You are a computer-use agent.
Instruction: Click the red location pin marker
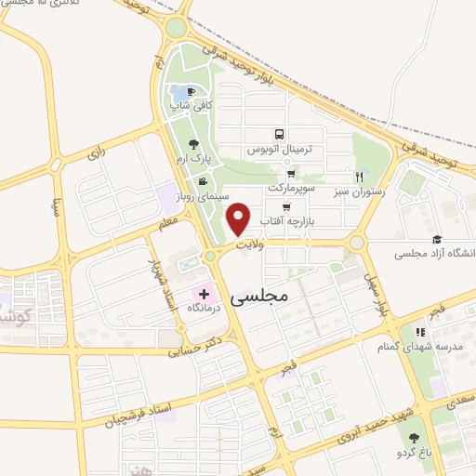click(240, 218)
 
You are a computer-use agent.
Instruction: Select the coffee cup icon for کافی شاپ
click(191, 92)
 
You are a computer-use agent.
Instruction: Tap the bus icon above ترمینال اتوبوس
click(280, 135)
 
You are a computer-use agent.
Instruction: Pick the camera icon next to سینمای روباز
click(202, 179)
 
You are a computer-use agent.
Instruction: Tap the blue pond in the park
click(176, 94)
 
